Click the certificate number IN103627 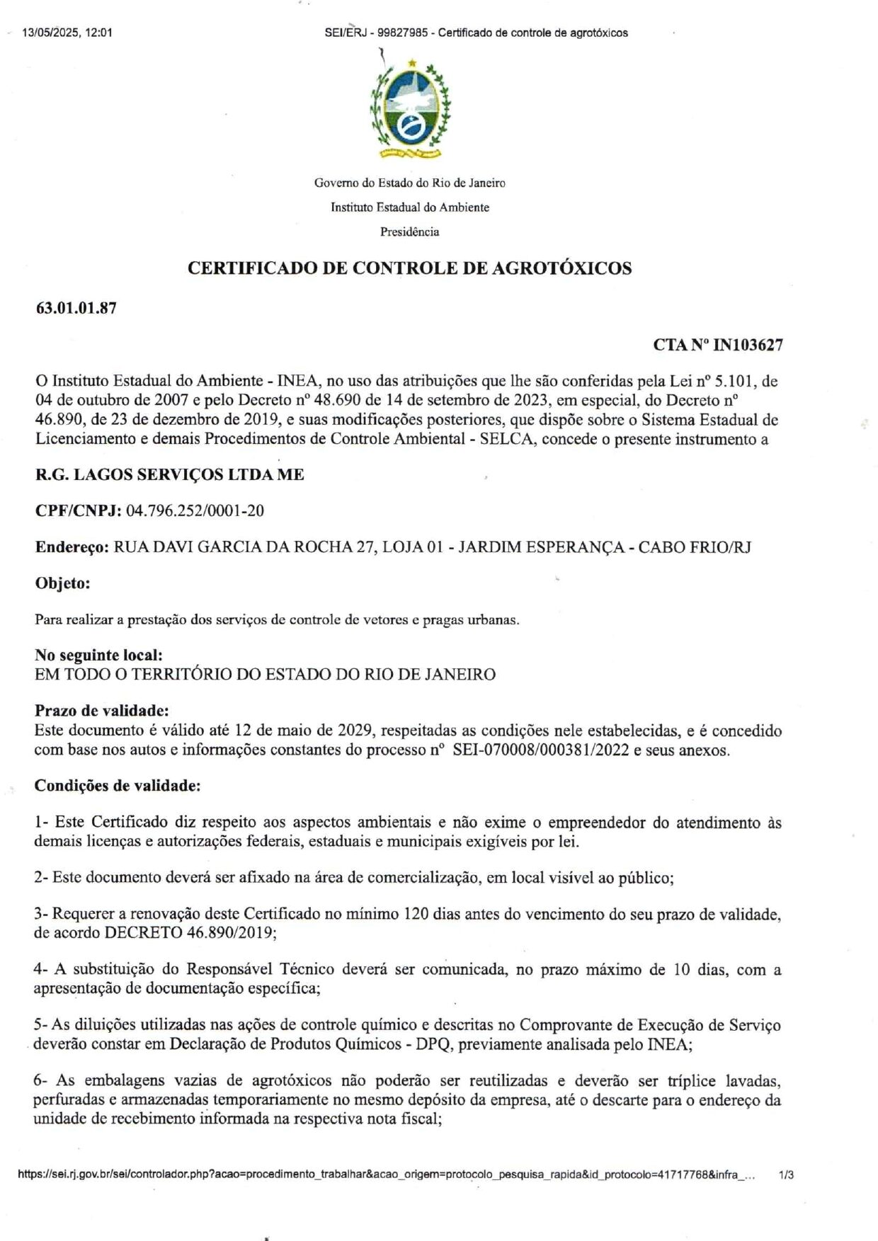tap(748, 345)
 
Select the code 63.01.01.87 tap(76, 308)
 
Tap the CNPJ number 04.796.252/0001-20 tap(195, 510)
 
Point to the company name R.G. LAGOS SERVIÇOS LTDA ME tap(170, 474)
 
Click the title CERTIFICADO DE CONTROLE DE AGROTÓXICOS tap(409, 268)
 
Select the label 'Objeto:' tap(62, 583)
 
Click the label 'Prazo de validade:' tap(101, 711)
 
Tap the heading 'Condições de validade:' tap(117, 785)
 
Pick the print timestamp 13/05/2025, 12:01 tap(67, 33)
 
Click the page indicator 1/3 tap(786, 1174)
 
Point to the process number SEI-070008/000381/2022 tap(541, 750)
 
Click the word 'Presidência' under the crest tap(409, 231)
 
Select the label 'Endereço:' tap(72, 547)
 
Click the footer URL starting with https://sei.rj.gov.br tap(386, 1174)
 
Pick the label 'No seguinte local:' tap(98, 656)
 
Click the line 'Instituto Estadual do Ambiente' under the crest tap(409, 207)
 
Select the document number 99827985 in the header tap(402, 33)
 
